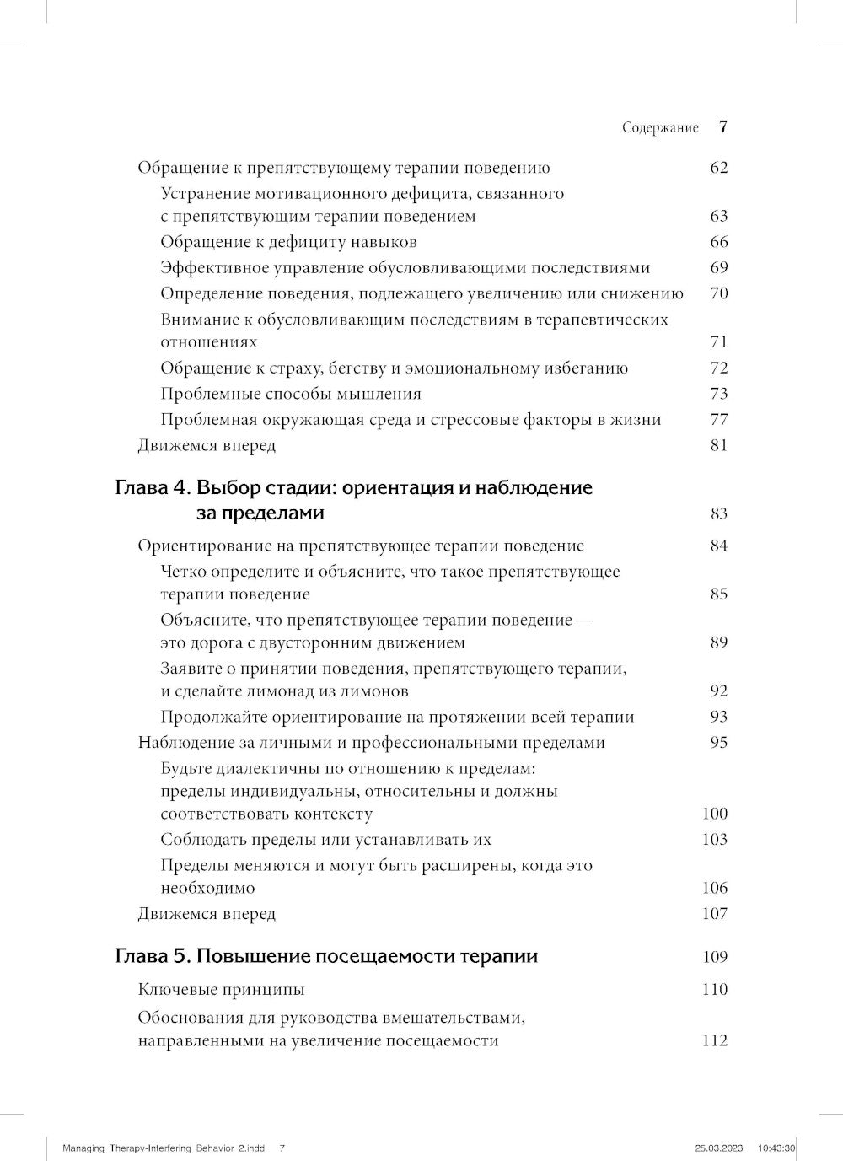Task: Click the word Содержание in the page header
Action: (660, 128)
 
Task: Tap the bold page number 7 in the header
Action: (723, 127)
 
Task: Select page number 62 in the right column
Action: (718, 167)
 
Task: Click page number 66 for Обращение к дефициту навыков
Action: (718, 242)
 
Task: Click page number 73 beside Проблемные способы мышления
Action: (718, 394)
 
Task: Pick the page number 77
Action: (718, 420)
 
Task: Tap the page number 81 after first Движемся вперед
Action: (718, 445)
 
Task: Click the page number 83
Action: (718, 513)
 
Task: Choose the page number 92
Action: (718, 691)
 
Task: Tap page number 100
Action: (714, 814)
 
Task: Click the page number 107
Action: (714, 914)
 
